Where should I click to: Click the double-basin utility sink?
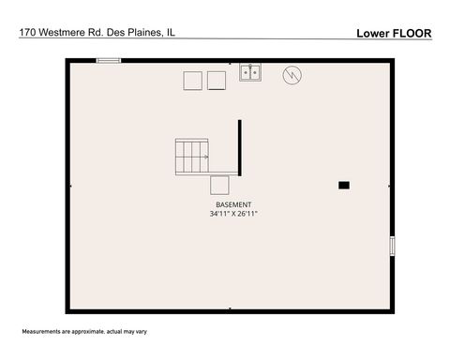tap(249, 72)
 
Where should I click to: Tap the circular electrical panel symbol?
tap(292, 72)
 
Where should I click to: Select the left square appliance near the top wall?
tap(192, 81)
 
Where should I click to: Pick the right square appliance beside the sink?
tap(217, 81)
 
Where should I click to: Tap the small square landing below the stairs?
tap(220, 184)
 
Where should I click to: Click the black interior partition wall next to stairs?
tap(240, 147)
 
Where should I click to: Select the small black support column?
tap(344, 185)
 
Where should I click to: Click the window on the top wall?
tap(109, 61)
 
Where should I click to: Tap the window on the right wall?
tap(392, 246)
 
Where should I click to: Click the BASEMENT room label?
tap(233, 204)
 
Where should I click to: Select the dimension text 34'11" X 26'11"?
tap(233, 214)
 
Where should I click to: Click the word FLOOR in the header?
tap(412, 33)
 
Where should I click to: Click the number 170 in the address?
tap(28, 32)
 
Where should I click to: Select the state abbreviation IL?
tap(171, 32)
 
